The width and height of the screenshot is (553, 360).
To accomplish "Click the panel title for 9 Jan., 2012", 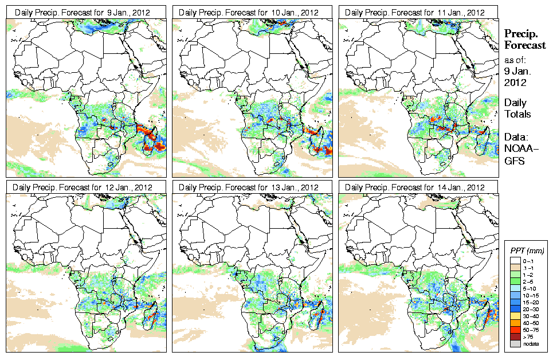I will click(x=83, y=12).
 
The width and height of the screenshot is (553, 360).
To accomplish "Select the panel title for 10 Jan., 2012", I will click(x=249, y=12).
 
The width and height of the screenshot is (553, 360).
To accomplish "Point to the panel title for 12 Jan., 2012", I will click(x=83, y=187).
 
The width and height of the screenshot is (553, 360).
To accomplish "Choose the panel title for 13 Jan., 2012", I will click(x=249, y=187).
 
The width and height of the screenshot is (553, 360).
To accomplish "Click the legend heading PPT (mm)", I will click(x=527, y=251).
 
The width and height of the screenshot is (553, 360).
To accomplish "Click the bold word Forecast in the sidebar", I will click(x=524, y=45).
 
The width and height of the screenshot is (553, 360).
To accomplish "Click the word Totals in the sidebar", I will click(x=517, y=114).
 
